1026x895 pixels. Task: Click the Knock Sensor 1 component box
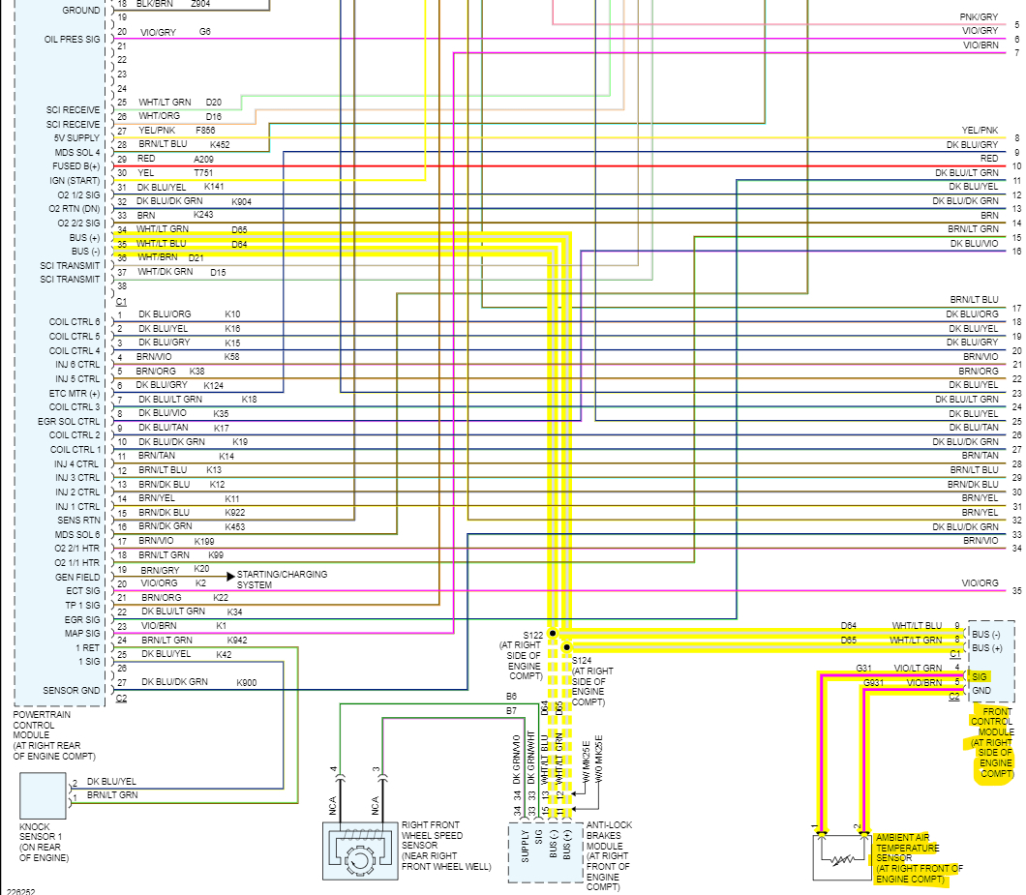click(x=43, y=795)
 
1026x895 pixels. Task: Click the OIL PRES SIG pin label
click(x=72, y=40)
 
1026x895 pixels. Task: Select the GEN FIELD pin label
click(x=77, y=577)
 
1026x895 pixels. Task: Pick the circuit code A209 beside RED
click(x=203, y=159)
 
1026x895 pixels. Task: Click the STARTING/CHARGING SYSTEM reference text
click(x=282, y=580)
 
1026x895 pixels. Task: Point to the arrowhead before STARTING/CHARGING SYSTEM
click(x=230, y=577)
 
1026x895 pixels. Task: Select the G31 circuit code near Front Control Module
click(x=864, y=669)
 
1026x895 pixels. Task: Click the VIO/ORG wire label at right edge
click(x=980, y=583)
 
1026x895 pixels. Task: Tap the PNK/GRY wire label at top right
click(x=979, y=17)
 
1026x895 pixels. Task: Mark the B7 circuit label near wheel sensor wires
click(x=511, y=711)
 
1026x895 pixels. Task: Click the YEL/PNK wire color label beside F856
click(x=157, y=130)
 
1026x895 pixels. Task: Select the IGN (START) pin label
click(x=75, y=180)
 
